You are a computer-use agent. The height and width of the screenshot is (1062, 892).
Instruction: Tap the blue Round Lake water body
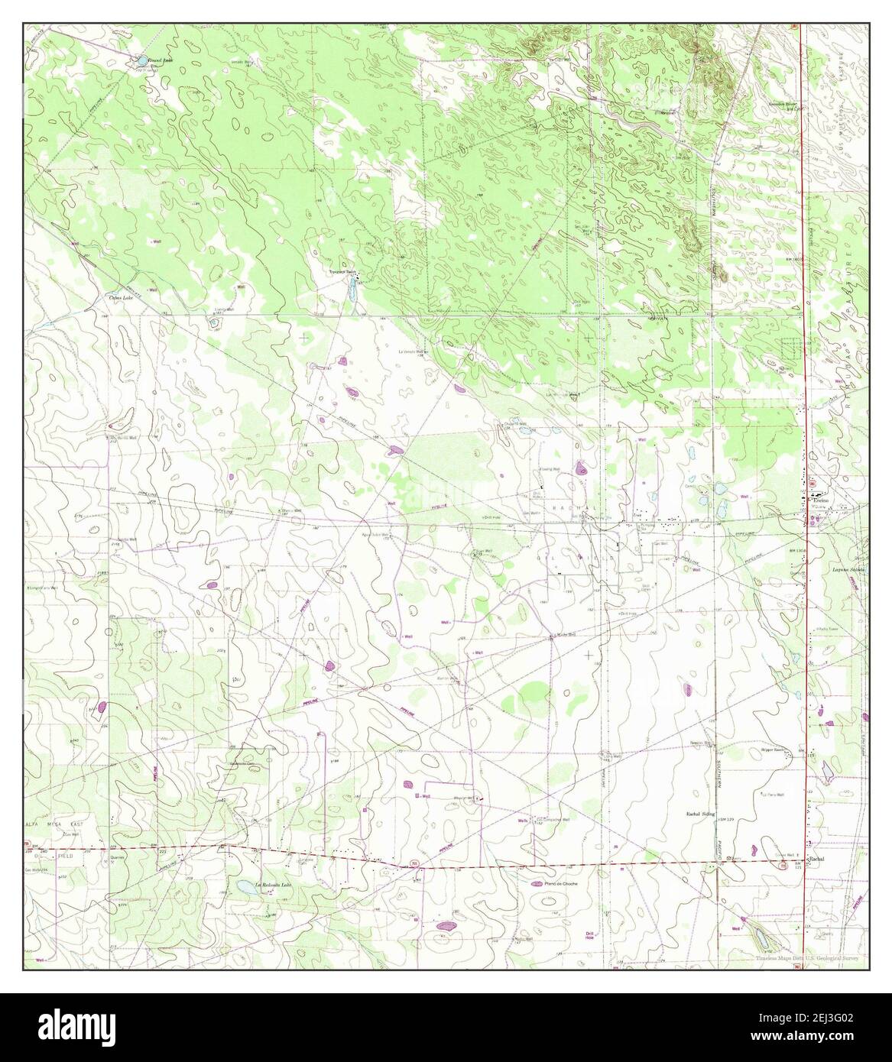141,60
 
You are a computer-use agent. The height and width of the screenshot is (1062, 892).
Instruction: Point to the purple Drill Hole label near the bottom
589,937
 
